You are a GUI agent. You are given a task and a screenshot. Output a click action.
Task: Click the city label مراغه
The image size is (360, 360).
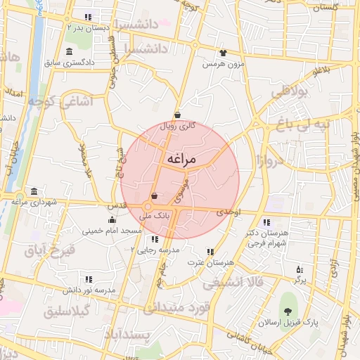[x=181, y=160]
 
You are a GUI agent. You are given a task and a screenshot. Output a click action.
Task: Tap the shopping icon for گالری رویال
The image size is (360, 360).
[x=177, y=116]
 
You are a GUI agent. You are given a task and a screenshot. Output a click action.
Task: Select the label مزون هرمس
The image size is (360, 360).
[x=223, y=64]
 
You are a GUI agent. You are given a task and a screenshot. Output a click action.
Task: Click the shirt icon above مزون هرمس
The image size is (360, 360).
[x=223, y=52]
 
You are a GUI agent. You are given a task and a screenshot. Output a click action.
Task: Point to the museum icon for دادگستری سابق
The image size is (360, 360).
[x=68, y=52]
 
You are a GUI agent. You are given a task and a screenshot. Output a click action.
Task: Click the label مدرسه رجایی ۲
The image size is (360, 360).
[x=157, y=250]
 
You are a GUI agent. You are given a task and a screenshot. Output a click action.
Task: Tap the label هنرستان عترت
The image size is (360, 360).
[x=210, y=262]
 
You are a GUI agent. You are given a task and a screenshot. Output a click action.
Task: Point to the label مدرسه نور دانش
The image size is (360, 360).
[x=90, y=290]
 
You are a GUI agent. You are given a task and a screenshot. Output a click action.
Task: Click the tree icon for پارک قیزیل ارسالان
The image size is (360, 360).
[x=288, y=311]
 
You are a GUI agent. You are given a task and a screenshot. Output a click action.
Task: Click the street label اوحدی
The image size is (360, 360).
[x=229, y=212]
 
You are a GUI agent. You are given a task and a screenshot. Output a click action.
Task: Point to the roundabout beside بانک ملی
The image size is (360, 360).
[x=148, y=207]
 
